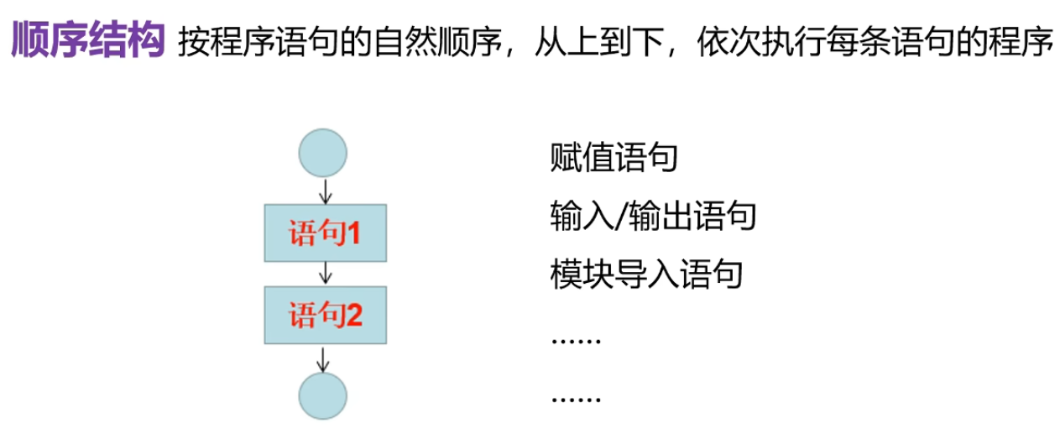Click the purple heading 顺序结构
87,42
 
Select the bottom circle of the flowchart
323,395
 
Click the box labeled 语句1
326,233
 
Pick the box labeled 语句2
326,316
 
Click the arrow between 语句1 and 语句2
326,274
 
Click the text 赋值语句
614,158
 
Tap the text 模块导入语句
646,274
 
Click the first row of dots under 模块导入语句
577,340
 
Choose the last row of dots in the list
577,397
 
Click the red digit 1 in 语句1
354,233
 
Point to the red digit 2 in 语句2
354,317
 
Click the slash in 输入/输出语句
622,216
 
